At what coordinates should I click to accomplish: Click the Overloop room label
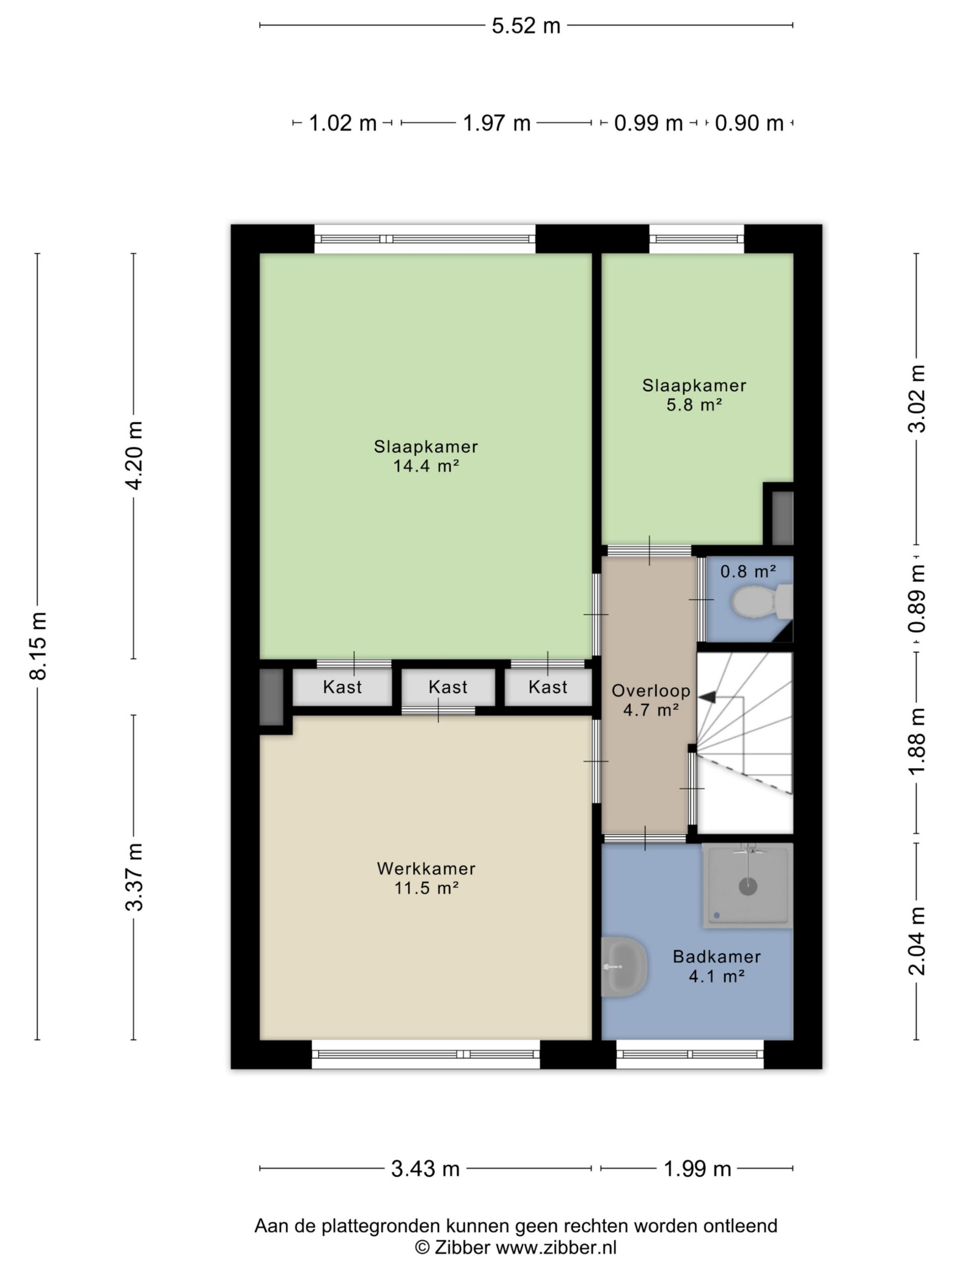click(x=650, y=690)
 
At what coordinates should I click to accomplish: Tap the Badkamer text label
click(x=716, y=956)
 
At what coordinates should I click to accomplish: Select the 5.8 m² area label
click(x=694, y=405)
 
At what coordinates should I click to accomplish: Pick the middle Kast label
click(x=447, y=687)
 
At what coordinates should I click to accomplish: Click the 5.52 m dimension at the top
click(x=526, y=26)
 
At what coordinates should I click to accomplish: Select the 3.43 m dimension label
click(x=425, y=1169)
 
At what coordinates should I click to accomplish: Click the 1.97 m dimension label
click(x=496, y=123)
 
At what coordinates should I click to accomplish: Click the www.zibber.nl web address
click(x=556, y=1248)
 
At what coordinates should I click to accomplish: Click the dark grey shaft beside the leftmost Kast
click(x=271, y=697)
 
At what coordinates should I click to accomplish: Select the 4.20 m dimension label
click(x=134, y=456)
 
